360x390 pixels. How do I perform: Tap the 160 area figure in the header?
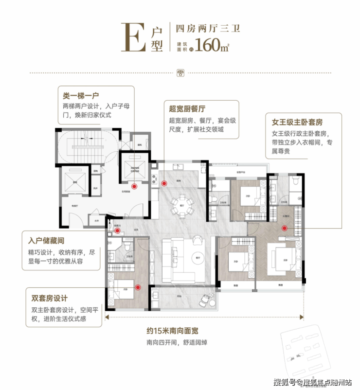(210, 47)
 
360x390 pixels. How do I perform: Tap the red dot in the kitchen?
(164, 183)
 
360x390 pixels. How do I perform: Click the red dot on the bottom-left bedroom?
(138, 287)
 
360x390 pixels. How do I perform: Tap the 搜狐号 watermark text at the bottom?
(286, 381)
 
